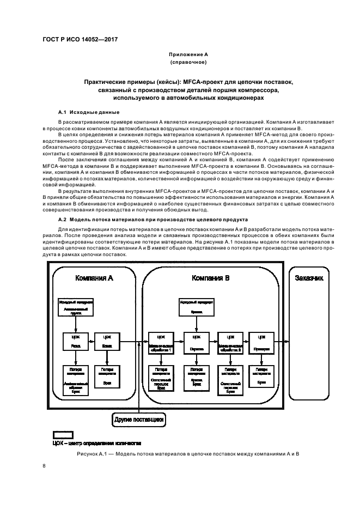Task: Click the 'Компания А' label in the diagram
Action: (94, 278)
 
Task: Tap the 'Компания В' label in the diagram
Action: (210, 278)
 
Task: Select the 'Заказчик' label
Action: (309, 278)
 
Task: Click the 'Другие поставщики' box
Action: (139, 420)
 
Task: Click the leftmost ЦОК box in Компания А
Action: (76, 342)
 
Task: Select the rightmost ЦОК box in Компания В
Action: (262, 342)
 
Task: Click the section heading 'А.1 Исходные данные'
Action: (86, 112)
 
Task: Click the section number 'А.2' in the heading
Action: (62, 219)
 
